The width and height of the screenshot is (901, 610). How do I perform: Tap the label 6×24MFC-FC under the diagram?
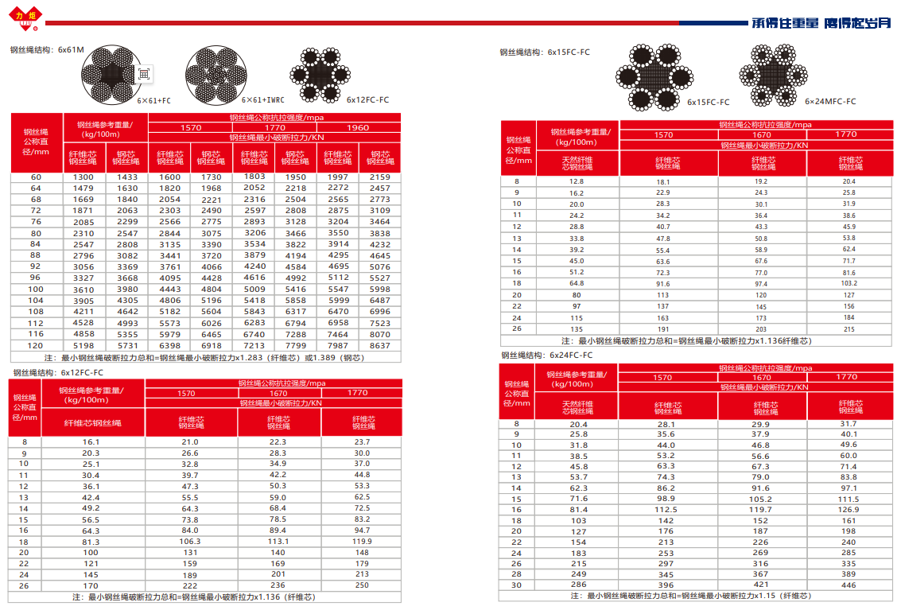coord(830,102)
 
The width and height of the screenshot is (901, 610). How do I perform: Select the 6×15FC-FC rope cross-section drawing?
coord(654,77)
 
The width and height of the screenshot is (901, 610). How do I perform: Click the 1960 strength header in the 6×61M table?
coord(358,128)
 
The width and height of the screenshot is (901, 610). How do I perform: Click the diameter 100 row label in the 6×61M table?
coord(36,289)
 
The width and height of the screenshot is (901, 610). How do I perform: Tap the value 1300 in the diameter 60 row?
coord(83,177)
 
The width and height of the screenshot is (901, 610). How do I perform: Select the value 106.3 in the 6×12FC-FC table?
coord(190,541)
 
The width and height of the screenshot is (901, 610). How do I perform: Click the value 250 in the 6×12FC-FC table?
coord(362,585)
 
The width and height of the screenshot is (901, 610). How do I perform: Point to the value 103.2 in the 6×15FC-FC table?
coord(849,283)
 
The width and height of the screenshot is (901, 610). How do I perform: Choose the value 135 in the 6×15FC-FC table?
coord(577,329)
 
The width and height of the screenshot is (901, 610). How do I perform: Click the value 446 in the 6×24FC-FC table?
coord(849,585)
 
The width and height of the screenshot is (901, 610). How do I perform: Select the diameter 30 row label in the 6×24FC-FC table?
coord(517,585)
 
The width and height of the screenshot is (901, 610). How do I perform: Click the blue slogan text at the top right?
coord(820,22)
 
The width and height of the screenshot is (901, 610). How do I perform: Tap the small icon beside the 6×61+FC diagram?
coord(143,73)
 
